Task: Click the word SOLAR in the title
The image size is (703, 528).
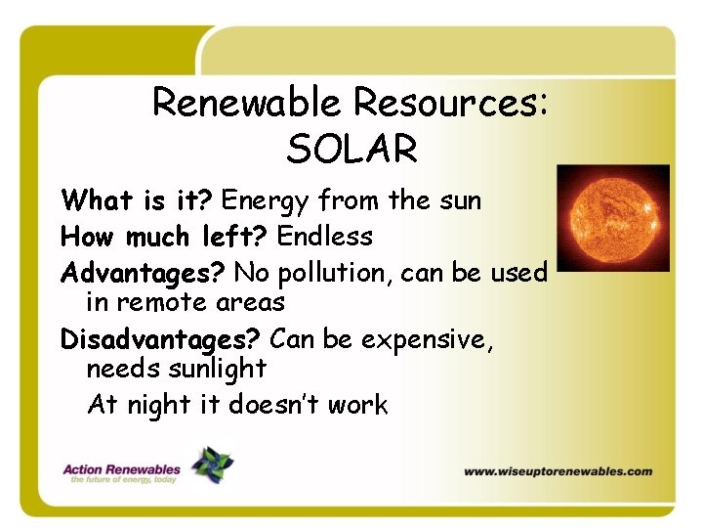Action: point(352,150)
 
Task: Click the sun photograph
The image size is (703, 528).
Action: point(612,217)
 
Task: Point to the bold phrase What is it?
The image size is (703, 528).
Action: point(137,201)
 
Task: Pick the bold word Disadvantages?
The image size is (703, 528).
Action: point(160,339)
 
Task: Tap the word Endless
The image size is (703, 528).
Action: point(324,237)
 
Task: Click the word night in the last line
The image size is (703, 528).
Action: point(157,405)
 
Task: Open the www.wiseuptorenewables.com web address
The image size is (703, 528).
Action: point(558,471)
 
